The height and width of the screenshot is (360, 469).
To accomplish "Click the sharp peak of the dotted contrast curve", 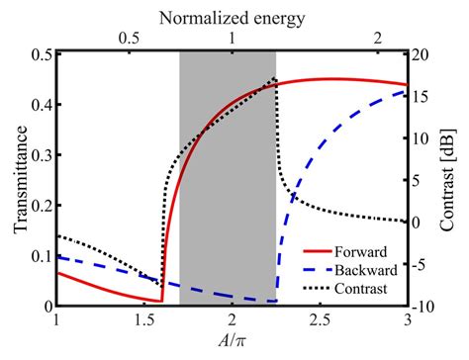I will pyautogui.click(x=274, y=78).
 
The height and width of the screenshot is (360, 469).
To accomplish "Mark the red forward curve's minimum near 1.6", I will pyautogui.click(x=161, y=301).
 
